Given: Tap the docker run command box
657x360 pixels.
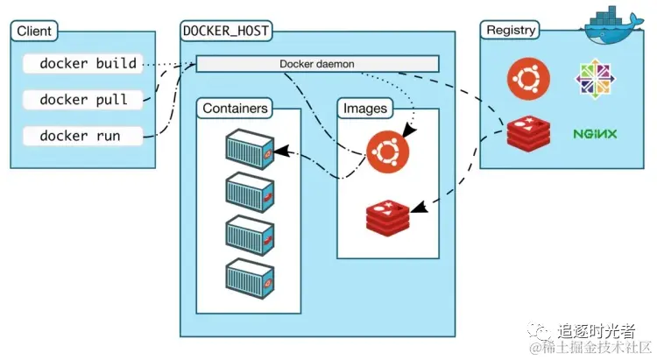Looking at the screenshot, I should [x=80, y=136].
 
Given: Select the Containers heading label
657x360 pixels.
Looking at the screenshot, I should [x=235, y=109].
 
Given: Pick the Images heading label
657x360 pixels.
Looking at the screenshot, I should [x=364, y=109].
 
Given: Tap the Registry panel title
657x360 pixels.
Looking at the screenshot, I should [x=511, y=30].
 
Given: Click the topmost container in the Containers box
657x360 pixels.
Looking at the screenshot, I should [x=250, y=150].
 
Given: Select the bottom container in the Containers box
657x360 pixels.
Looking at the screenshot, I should [x=250, y=278].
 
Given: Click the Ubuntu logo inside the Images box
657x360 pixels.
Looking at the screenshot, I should [x=387, y=152].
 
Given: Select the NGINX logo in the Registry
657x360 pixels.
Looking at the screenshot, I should [x=596, y=134].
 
